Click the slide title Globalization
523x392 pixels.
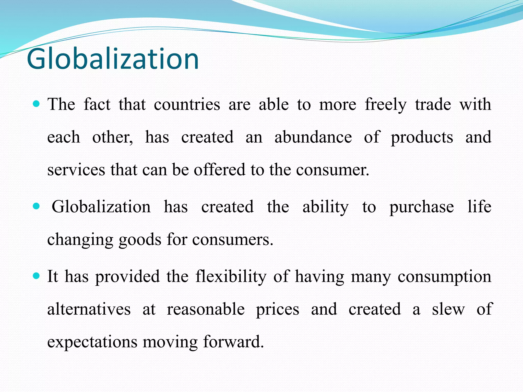point(113,59)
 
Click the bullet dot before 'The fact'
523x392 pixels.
point(37,104)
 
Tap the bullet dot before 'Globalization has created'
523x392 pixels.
point(37,206)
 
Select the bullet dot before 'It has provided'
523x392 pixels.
point(37,276)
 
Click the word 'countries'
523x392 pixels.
point(187,105)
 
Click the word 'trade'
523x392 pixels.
point(433,105)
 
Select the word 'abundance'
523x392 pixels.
point(313,137)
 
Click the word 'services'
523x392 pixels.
point(76,170)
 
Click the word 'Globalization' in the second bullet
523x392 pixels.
point(101,207)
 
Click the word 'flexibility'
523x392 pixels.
point(231,277)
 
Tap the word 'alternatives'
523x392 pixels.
point(89,309)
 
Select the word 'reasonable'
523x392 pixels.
point(206,309)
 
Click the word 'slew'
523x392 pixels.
point(448,309)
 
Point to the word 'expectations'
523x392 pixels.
point(92,342)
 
